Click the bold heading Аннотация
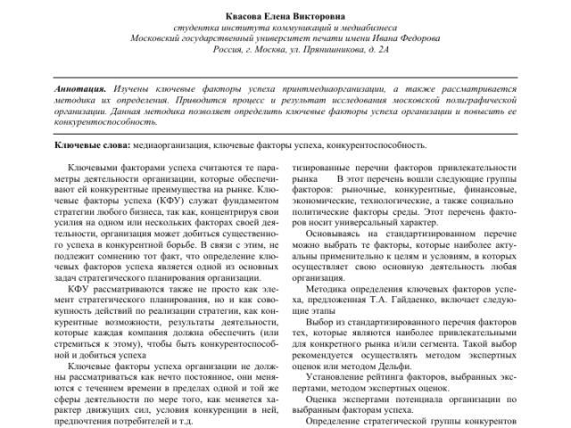[x=79, y=90]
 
